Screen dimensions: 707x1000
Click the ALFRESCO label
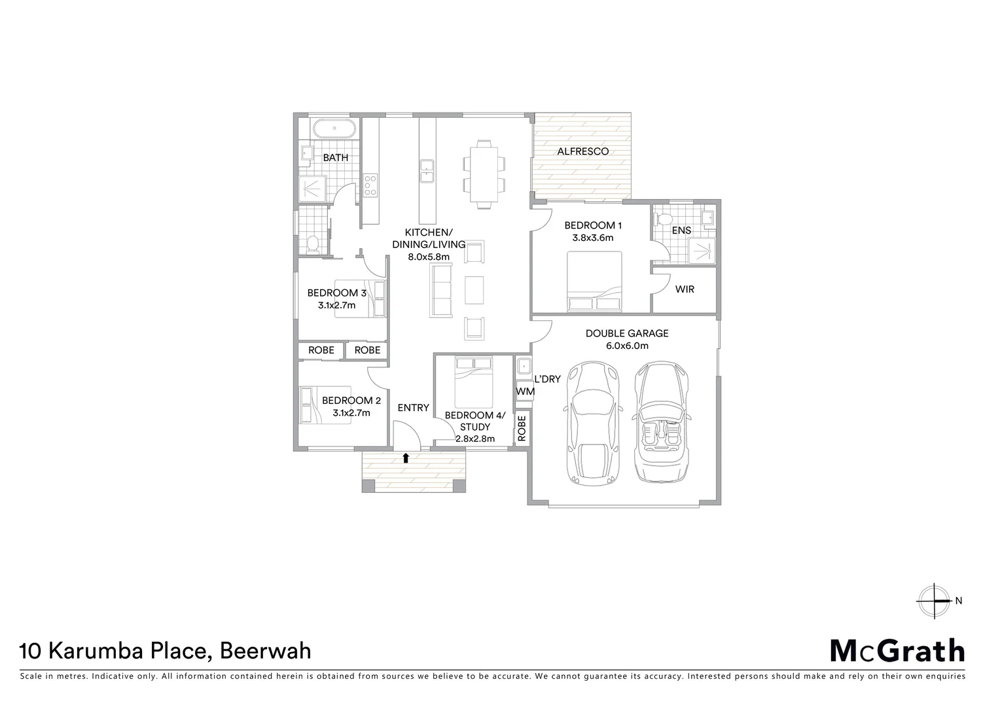[582, 151]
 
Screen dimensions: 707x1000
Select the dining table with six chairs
[484, 173]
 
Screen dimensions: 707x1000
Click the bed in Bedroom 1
[594, 281]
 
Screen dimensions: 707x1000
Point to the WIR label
[685, 289]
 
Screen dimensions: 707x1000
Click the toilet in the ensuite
[666, 220]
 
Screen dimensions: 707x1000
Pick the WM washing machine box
[525, 391]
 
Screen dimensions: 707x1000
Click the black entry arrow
[406, 458]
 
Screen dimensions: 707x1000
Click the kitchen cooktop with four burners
[370, 185]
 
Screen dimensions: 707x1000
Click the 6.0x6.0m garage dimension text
[626, 346]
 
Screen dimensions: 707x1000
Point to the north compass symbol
[934, 600]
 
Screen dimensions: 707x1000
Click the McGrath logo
[897, 651]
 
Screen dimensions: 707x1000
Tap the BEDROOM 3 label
[337, 293]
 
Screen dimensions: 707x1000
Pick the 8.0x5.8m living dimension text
[429, 257]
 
